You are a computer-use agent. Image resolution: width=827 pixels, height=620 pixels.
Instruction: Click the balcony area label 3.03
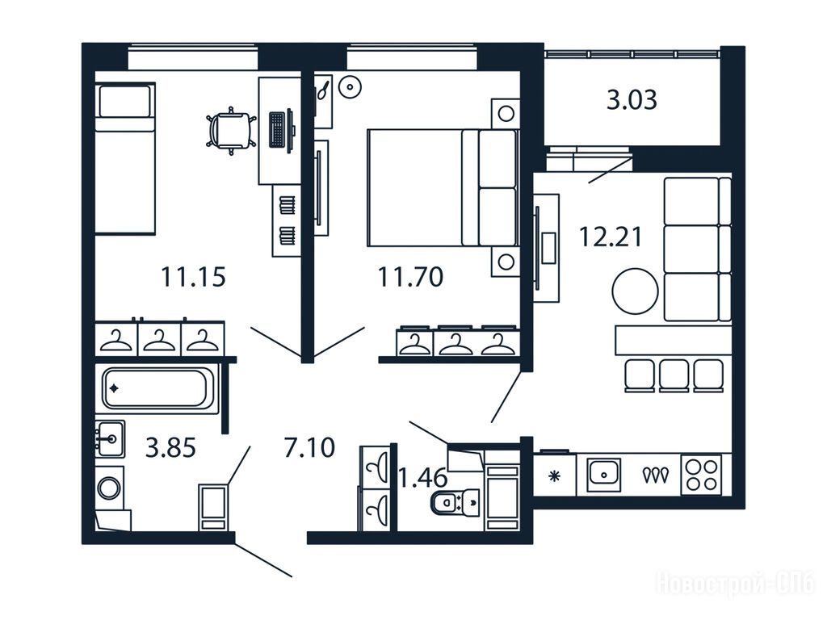[x=632, y=99]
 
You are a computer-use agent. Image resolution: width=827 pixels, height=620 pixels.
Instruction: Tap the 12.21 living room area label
[x=611, y=237]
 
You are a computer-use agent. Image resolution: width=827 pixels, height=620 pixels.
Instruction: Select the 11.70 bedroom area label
[x=410, y=277]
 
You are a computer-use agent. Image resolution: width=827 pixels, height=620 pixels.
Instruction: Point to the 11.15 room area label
[x=193, y=277]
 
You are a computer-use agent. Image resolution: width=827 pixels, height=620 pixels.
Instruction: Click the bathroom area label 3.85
[x=170, y=448]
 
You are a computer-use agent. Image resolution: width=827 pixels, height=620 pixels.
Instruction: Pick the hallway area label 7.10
[x=309, y=448]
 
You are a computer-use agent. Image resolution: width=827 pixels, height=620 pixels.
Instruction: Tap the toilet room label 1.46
[x=422, y=478]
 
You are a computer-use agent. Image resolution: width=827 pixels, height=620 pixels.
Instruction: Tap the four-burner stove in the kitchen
[x=701, y=475]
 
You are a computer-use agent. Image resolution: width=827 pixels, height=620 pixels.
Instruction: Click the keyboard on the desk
[x=277, y=129]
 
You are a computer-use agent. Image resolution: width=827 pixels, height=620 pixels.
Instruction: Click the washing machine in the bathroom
[x=110, y=488]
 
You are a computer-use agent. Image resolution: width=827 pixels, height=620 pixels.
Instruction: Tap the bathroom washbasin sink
[x=110, y=438]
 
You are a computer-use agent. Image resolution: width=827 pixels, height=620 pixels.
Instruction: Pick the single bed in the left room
[x=125, y=158]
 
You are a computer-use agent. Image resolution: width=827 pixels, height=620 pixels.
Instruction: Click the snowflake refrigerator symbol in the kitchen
[x=554, y=476]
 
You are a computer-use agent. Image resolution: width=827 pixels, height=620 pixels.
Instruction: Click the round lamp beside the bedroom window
[x=350, y=87]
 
